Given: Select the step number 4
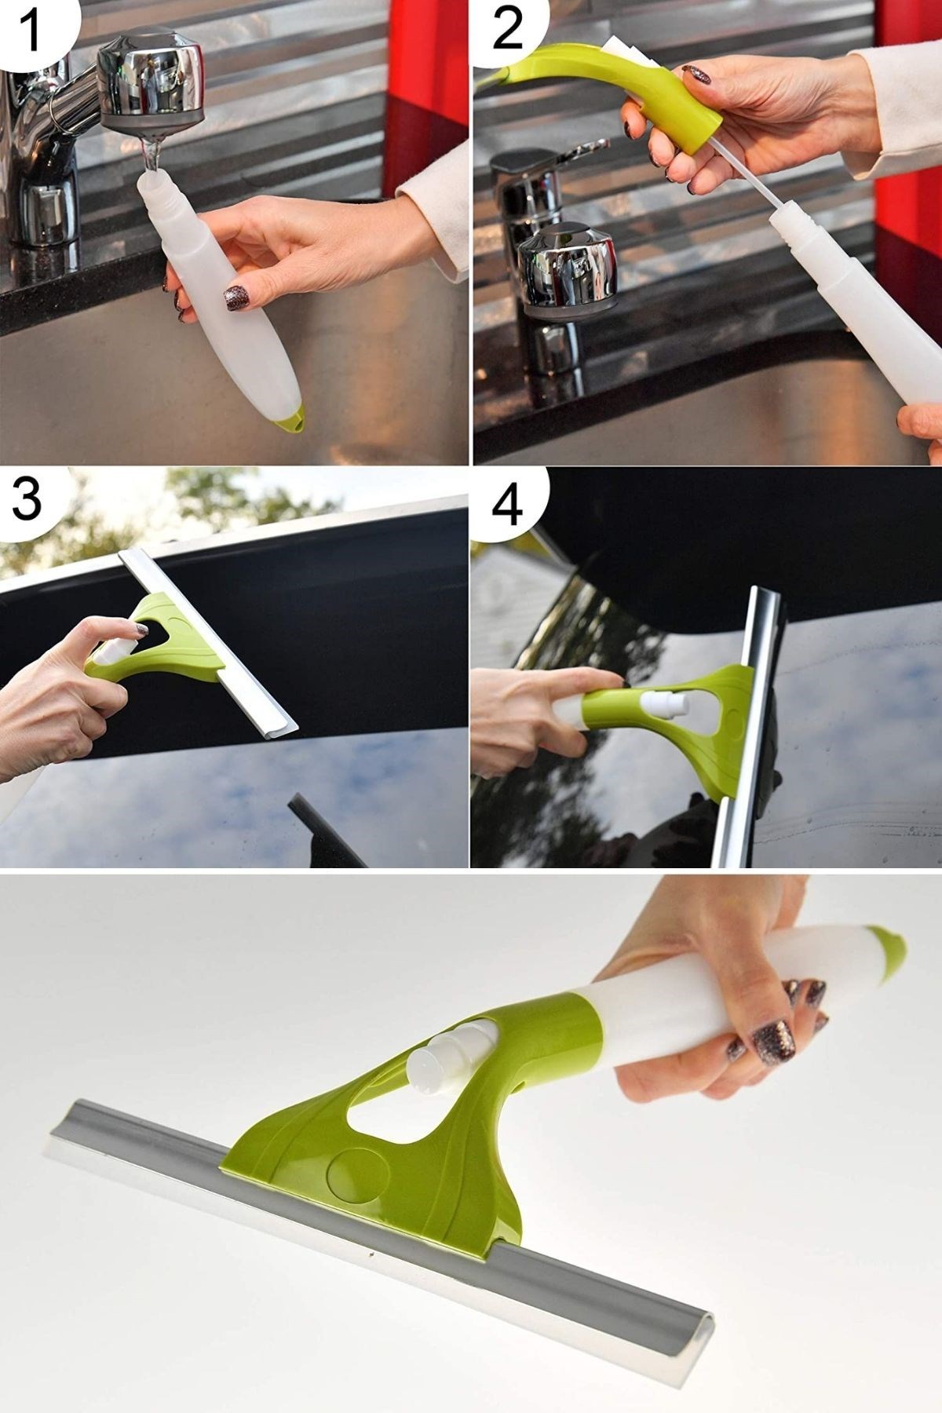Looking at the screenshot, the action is click(507, 506).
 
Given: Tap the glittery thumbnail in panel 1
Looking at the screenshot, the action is click(236, 298).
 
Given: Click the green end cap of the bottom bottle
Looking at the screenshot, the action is click(887, 950).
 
